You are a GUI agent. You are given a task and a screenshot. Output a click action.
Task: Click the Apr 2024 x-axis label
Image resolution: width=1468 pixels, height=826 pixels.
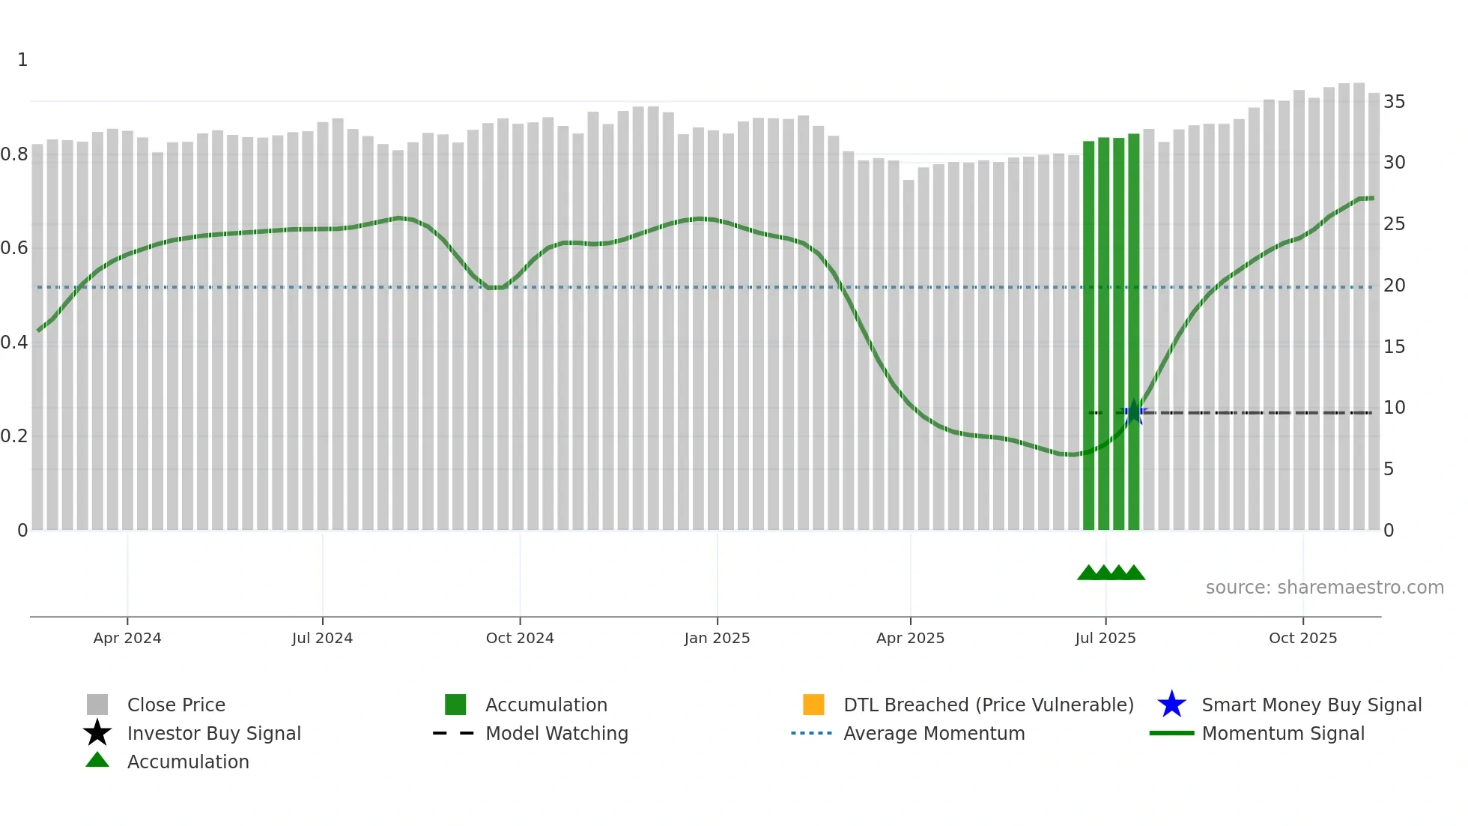pyautogui.click(x=127, y=638)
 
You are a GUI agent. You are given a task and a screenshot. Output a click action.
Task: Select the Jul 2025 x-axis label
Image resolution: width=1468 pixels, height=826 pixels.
pyautogui.click(x=1105, y=638)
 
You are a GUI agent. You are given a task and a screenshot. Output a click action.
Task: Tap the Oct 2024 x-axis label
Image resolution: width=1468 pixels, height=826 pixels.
pyautogui.click(x=520, y=638)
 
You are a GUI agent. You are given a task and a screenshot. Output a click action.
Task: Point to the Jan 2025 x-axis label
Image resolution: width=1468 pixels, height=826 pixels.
pyautogui.click(x=717, y=638)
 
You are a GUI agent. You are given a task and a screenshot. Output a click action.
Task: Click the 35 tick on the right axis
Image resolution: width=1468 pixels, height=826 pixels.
pyautogui.click(x=1394, y=102)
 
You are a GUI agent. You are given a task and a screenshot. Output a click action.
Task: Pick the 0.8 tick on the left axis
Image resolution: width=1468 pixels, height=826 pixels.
pyautogui.click(x=15, y=154)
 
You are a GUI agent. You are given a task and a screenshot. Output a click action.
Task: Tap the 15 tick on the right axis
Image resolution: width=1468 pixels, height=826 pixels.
pyautogui.click(x=1394, y=347)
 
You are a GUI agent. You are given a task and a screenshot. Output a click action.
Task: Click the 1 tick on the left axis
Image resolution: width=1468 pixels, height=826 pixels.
pyautogui.click(x=22, y=60)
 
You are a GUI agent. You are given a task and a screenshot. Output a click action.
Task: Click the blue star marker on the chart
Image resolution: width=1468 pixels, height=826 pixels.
pyautogui.click(x=1134, y=412)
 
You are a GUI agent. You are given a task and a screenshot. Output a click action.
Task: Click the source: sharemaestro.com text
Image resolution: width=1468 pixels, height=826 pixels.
pyautogui.click(x=1324, y=588)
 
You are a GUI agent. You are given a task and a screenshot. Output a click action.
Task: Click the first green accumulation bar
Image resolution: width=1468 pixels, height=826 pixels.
pyautogui.click(x=1088, y=337)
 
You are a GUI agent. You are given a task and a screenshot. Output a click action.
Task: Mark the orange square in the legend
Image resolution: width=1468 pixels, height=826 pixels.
pyautogui.click(x=813, y=705)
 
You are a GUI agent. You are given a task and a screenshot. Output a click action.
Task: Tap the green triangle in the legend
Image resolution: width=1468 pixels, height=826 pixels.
pyautogui.click(x=97, y=761)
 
